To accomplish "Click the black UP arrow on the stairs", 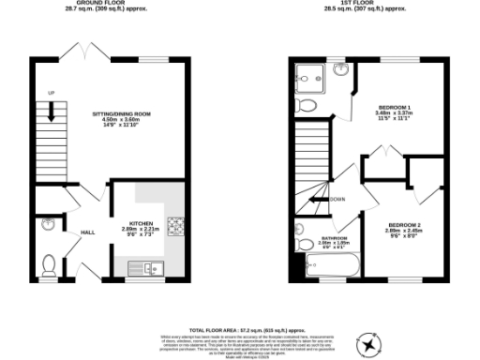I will pyautogui.click(x=51, y=111).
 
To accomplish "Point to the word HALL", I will pyautogui.click(x=87, y=232).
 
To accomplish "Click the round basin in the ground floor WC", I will pyautogui.click(x=48, y=224).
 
